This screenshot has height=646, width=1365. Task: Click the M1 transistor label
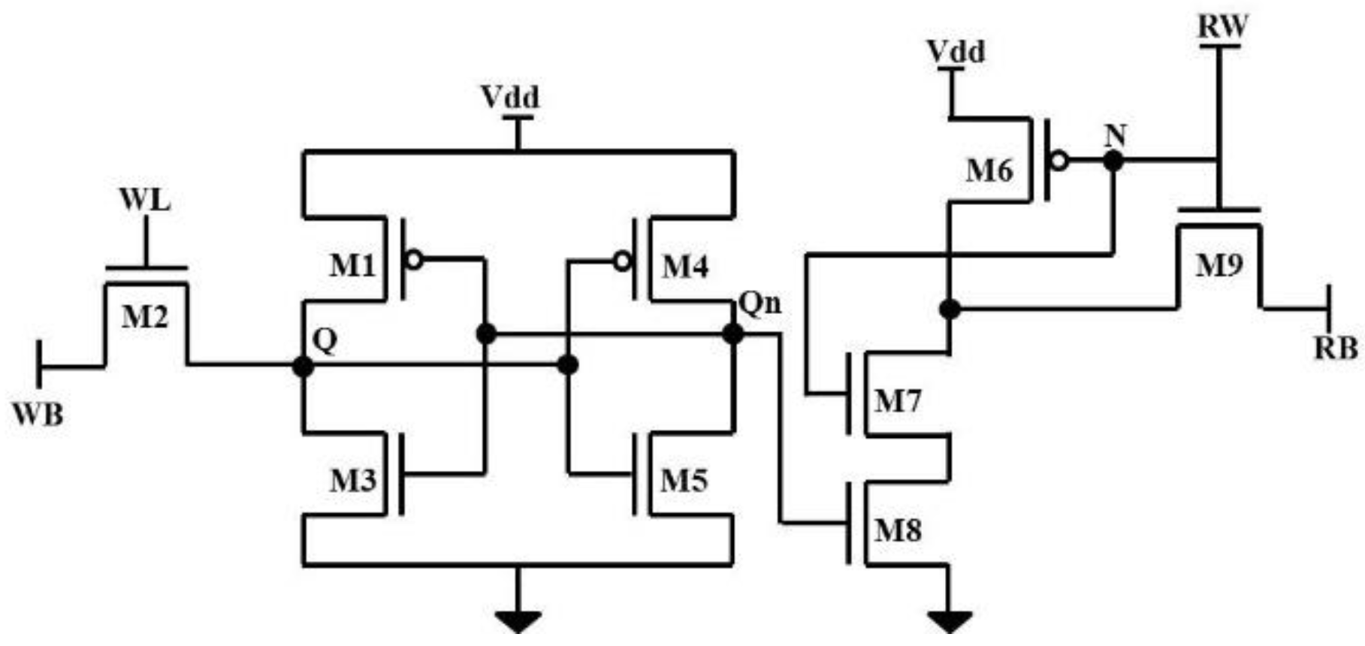tap(352, 266)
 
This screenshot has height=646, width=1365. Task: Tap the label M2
tap(145, 318)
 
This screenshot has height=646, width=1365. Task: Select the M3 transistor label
tap(352, 481)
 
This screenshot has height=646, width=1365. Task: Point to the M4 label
tap(684, 266)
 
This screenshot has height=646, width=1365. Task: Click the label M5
tap(684, 481)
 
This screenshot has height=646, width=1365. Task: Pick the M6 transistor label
tap(989, 171)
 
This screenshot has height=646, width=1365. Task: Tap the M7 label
tap(897, 402)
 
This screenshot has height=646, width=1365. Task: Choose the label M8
tap(898, 531)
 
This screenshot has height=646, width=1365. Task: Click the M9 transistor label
tap(1219, 264)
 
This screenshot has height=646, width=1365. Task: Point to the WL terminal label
tap(145, 201)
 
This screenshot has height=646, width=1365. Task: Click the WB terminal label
tap(38, 414)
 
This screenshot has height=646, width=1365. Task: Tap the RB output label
tap(1336, 348)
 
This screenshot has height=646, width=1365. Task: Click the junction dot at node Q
tap(303, 367)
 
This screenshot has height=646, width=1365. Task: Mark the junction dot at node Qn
tap(732, 334)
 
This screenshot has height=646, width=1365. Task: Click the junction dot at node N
tap(1113, 160)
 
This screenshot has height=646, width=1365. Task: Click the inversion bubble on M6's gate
tap(1058, 160)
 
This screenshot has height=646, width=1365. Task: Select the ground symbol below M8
tap(950, 620)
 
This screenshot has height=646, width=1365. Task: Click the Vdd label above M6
tap(955, 52)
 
